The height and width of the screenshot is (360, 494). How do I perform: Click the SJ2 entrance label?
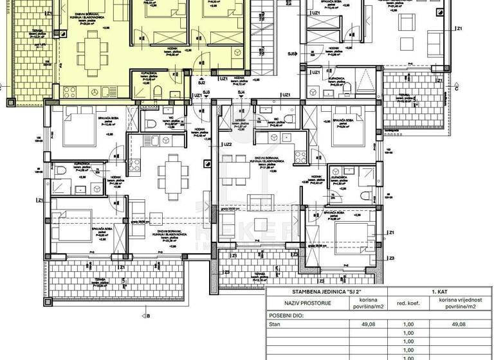pyautogui.click(x=201, y=83)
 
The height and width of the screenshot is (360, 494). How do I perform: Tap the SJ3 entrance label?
pyautogui.click(x=206, y=93)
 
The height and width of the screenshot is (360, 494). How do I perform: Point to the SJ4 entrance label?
pyautogui.click(x=241, y=93)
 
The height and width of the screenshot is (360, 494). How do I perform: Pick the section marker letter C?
pyautogui.click(x=455, y=89)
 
